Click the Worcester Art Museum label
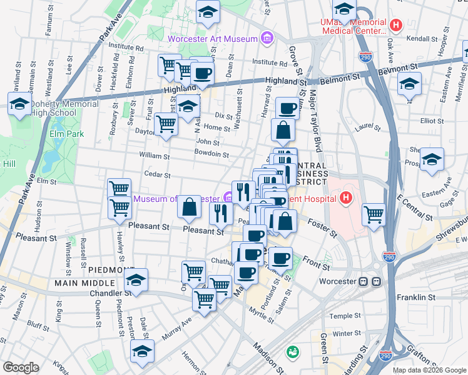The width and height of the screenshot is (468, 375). click(x=213, y=39)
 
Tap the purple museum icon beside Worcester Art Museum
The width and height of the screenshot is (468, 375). click(x=267, y=39)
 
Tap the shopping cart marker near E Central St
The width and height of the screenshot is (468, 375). click(x=374, y=214)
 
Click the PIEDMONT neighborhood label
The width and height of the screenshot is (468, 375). click(x=111, y=269)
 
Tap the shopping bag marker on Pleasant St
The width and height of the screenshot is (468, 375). click(x=189, y=207)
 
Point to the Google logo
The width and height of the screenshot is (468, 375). click(x=21, y=367)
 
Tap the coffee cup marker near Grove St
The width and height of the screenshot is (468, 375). click(x=287, y=109)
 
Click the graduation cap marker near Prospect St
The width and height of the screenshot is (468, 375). click(x=432, y=160)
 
